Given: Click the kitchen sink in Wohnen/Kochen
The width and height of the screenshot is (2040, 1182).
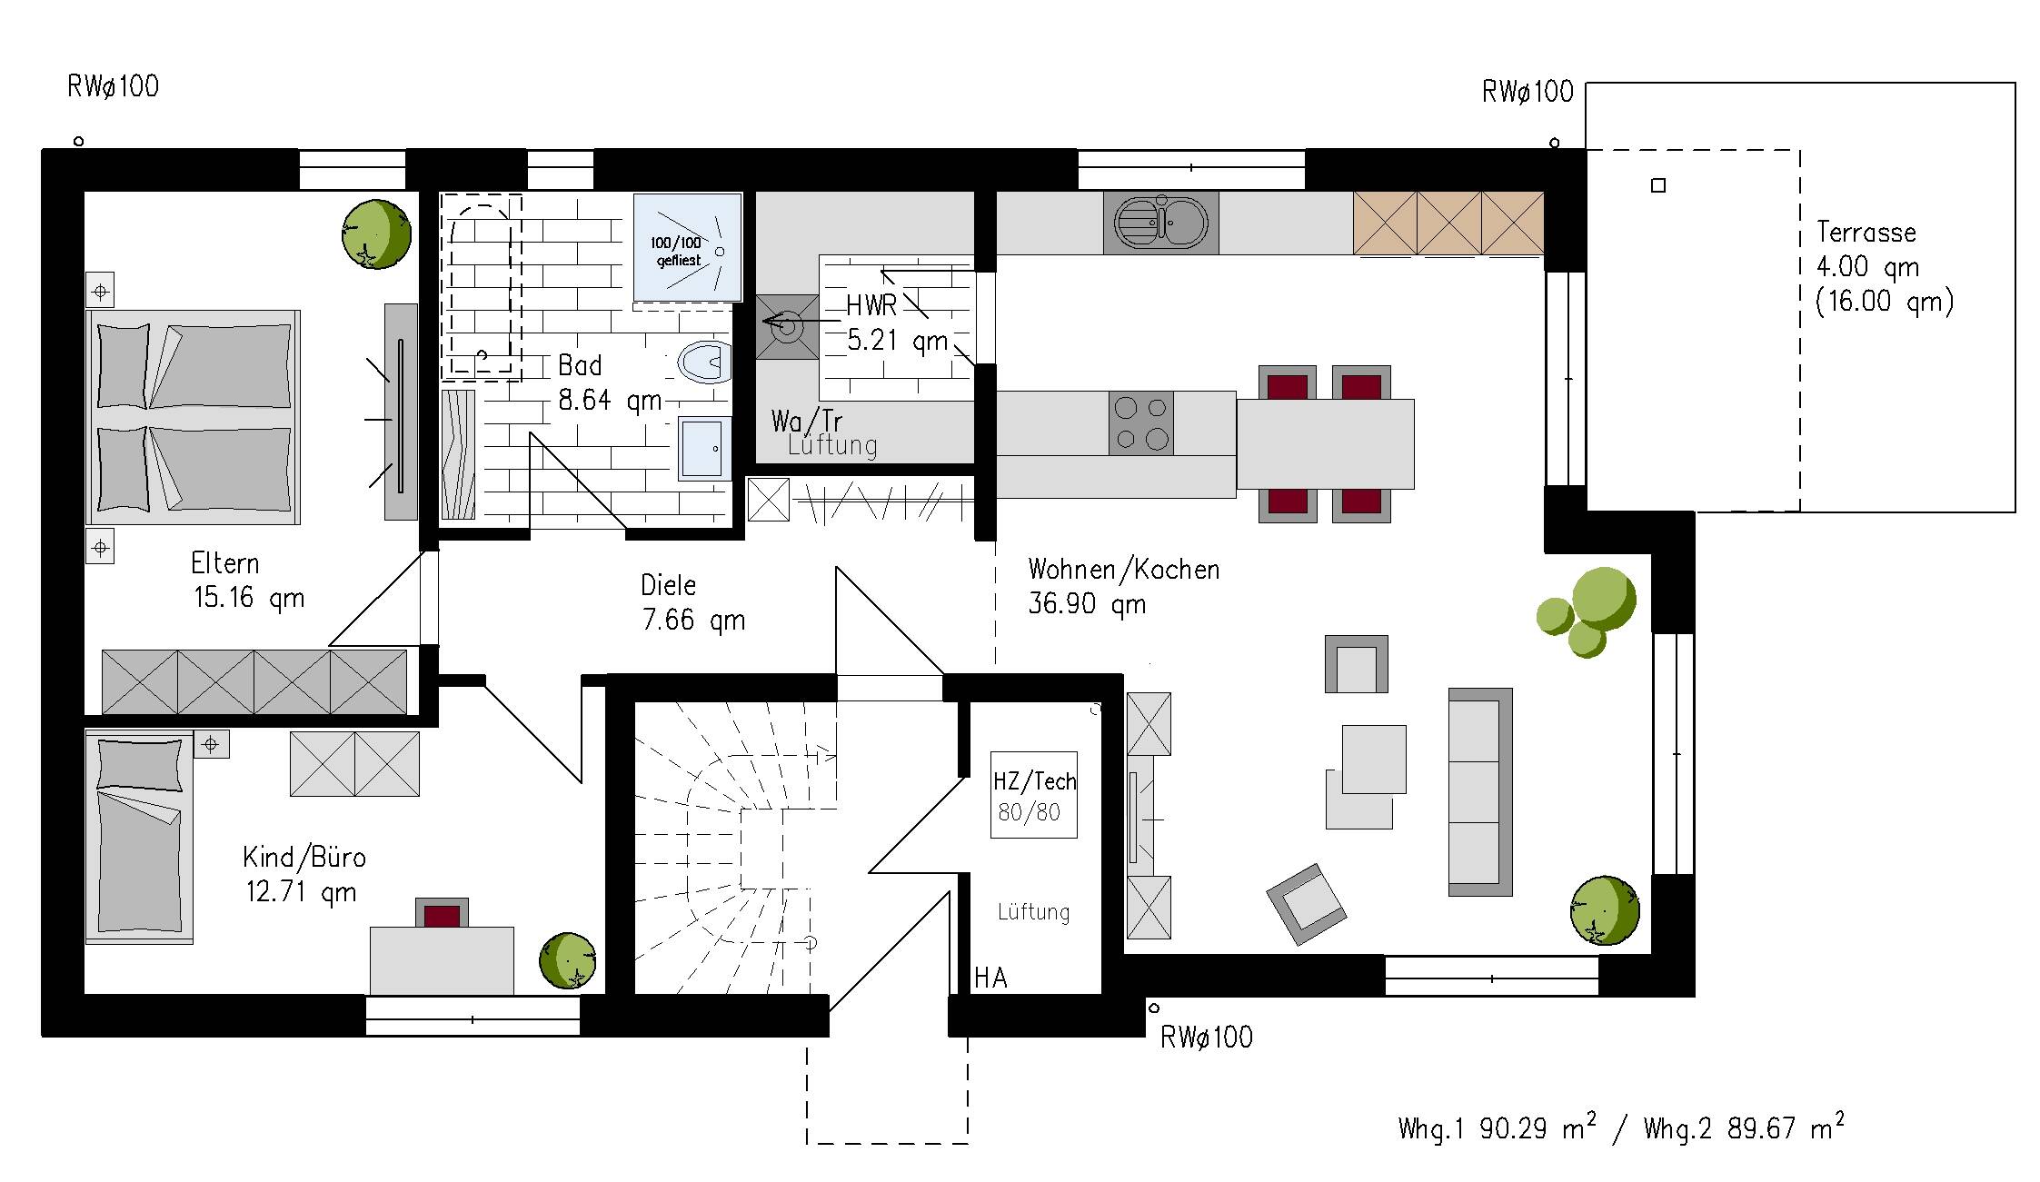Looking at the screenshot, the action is click(1161, 223).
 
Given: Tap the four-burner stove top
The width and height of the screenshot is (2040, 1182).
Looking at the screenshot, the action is click(1141, 423).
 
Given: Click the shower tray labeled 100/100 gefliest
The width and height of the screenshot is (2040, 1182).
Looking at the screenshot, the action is click(688, 246).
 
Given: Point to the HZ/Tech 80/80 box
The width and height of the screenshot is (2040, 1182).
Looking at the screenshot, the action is click(1034, 795).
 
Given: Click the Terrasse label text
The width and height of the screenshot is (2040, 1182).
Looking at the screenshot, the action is click(1866, 233).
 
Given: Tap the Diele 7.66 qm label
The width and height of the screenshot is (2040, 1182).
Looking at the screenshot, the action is click(692, 602).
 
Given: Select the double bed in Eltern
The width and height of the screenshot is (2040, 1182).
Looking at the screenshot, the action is click(193, 417).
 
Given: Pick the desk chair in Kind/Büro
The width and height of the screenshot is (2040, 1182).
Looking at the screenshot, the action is click(443, 912).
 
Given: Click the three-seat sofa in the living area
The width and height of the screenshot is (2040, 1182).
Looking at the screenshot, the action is click(1480, 792).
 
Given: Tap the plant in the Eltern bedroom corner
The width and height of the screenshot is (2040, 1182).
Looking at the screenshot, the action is click(376, 234).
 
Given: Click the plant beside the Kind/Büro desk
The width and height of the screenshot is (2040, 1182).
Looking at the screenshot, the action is click(568, 960).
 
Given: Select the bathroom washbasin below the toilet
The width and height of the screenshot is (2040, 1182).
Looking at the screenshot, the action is click(705, 448).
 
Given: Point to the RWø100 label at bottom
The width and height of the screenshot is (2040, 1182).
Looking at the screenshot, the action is click(1207, 1038).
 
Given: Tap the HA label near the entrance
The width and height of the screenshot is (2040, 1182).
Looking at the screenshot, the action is click(990, 978).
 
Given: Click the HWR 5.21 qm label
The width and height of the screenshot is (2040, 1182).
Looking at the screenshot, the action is click(898, 323).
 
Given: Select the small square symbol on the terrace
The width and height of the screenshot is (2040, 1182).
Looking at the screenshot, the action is click(1658, 185).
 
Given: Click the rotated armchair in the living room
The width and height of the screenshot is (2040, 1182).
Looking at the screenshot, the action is click(1307, 904).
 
